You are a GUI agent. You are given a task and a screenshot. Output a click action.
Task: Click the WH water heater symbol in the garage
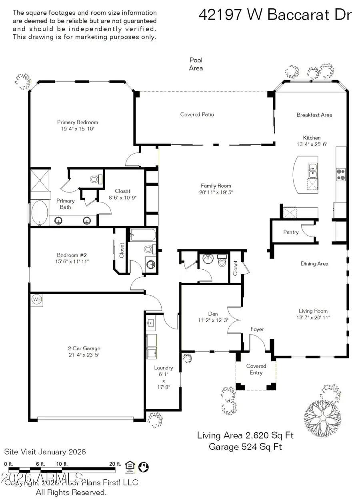[x=36, y=300]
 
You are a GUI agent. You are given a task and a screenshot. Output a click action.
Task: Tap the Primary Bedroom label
[x=77, y=122]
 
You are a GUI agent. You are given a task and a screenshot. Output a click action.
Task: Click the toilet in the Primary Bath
[x=96, y=179]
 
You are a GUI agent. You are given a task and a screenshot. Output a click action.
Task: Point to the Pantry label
[x=291, y=232]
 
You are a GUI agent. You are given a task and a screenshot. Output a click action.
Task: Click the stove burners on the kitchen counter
[x=340, y=173]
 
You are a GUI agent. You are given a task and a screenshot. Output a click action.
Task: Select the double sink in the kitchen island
[x=312, y=170]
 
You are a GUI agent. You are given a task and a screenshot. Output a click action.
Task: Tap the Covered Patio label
[x=197, y=114]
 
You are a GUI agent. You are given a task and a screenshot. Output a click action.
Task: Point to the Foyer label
[x=257, y=329]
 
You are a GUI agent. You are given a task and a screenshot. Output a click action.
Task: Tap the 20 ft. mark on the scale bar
[x=114, y=464]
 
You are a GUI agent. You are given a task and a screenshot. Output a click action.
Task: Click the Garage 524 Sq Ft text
[x=245, y=447]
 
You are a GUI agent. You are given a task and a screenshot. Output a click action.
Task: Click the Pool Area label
[x=196, y=64]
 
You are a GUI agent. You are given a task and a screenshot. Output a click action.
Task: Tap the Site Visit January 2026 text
[x=45, y=452]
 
